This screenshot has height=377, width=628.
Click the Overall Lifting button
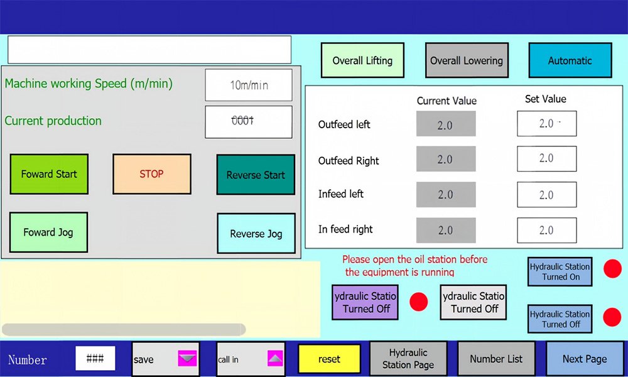click(x=362, y=60)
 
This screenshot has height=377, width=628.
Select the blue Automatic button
click(x=570, y=60)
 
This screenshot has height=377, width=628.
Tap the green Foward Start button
click(x=49, y=174)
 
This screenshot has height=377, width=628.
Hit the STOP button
click(x=152, y=174)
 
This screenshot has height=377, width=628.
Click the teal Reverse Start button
click(x=256, y=175)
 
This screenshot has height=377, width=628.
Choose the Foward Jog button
click(x=48, y=232)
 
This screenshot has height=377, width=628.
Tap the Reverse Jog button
click(x=256, y=233)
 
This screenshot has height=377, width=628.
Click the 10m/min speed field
click(x=249, y=85)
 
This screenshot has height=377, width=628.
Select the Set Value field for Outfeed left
click(x=547, y=123)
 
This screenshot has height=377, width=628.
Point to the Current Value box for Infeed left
click(x=446, y=195)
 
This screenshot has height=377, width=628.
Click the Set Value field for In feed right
click(x=547, y=231)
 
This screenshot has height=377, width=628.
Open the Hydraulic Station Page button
click(x=408, y=359)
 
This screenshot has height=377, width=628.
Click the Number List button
click(x=496, y=359)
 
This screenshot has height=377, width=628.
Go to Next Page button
click(x=585, y=359)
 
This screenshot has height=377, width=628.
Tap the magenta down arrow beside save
click(x=187, y=358)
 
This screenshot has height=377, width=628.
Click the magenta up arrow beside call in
click(x=275, y=358)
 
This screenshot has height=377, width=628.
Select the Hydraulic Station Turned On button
click(x=560, y=271)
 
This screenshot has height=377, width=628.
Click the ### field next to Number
click(x=95, y=358)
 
